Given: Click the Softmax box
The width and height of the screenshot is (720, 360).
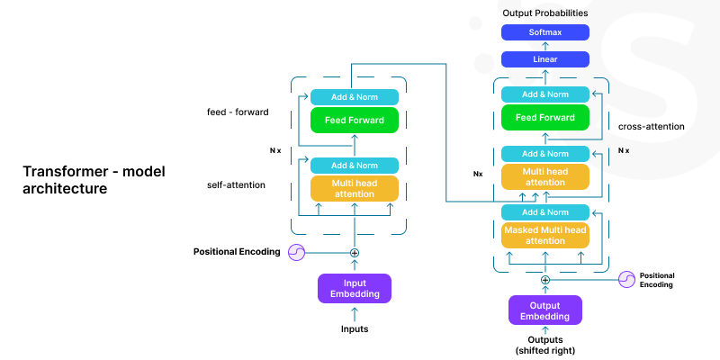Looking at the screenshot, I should (545, 32).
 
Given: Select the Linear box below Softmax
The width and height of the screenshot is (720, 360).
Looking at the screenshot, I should (545, 59).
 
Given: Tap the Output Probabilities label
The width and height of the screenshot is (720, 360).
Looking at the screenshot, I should (545, 13).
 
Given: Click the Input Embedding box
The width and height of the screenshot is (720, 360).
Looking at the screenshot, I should (354, 288).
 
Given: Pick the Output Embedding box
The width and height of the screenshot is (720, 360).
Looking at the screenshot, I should (545, 310).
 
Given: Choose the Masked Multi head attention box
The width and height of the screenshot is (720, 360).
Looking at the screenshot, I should (545, 235).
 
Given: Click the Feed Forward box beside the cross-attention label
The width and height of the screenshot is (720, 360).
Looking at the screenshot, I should (545, 117).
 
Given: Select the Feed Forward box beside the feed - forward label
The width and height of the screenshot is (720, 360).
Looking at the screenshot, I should (354, 120).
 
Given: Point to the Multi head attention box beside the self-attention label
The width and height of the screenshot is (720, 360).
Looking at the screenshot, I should (354, 188).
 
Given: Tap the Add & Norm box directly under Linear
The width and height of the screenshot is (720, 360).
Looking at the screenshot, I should (545, 94).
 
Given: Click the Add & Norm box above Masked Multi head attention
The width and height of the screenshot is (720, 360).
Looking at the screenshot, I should (545, 211).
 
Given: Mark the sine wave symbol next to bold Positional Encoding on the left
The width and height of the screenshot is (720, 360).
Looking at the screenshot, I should (296, 252).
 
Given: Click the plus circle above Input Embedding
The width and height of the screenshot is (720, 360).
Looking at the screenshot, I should (354, 253).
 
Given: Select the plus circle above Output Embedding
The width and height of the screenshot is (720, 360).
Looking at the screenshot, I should (545, 280).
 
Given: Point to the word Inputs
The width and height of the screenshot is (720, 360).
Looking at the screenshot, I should (354, 329).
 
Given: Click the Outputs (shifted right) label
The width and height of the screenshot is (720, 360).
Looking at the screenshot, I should (545, 345).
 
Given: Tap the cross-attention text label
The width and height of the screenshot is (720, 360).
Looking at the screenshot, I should (652, 127).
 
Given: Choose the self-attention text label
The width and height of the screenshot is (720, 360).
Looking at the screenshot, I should (237, 184).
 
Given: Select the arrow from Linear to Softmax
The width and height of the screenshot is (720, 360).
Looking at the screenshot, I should (545, 46).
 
